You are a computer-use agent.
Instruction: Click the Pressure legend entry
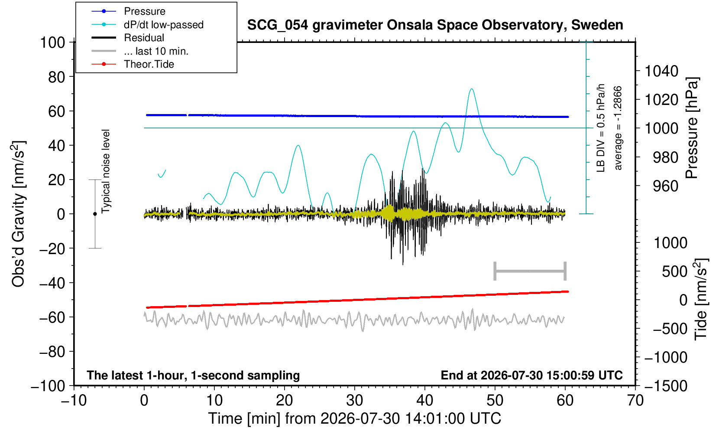[128, 12]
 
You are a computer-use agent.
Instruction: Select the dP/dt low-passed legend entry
[147, 25]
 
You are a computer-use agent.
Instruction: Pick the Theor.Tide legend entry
[133, 64]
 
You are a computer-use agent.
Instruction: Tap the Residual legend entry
[127, 38]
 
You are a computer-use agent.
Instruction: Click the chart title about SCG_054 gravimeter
[435, 25]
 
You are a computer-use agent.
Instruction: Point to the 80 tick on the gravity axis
[57, 77]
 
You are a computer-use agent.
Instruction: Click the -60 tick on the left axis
[52, 317]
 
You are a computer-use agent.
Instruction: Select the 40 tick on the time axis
[425, 400]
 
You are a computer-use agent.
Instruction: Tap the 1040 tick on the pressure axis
[661, 71]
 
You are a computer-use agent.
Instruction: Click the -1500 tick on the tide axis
[665, 386]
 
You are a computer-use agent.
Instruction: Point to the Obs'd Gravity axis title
[19, 214]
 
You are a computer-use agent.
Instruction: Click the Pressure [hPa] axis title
[692, 128]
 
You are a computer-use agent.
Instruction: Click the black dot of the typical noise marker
[95, 214]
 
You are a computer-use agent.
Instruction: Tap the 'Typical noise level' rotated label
[106, 171]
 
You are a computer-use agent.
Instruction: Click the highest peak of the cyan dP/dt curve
[471, 89]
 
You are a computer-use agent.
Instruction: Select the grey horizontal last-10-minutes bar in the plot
[530, 271]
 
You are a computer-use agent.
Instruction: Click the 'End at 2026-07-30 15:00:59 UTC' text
[531, 375]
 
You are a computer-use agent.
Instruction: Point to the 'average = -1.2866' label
[618, 128]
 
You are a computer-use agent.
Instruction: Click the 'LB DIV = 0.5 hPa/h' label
[601, 128]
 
